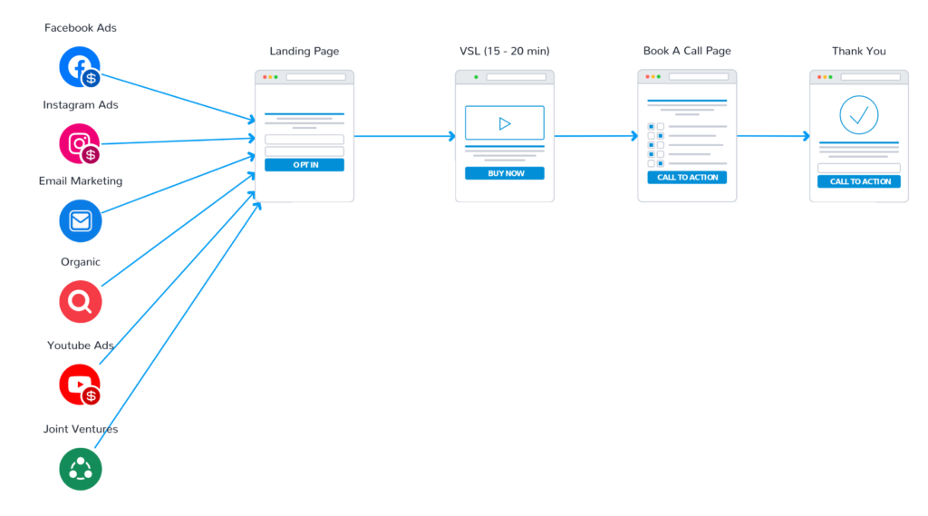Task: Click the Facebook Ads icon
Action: tap(79, 66)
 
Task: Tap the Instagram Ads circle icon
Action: tap(79, 143)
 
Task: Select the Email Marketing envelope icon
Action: tap(80, 220)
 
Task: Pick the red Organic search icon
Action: tap(80, 301)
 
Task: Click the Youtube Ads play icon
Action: tap(79, 385)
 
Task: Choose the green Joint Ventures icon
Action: tap(81, 469)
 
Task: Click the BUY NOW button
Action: tap(505, 173)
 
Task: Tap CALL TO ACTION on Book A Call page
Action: tap(687, 178)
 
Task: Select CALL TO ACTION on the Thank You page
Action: tap(859, 181)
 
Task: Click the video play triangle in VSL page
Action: tap(505, 123)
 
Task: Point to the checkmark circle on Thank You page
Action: tap(859, 114)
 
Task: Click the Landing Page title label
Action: tap(304, 52)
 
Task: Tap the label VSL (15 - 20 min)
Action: tap(504, 52)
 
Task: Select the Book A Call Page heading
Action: tap(687, 52)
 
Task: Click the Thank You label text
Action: tap(859, 52)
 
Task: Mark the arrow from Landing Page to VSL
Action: tap(404, 137)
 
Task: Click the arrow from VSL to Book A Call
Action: tap(595, 137)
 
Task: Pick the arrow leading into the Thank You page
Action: tap(773, 137)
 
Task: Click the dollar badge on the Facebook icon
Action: tap(91, 79)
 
